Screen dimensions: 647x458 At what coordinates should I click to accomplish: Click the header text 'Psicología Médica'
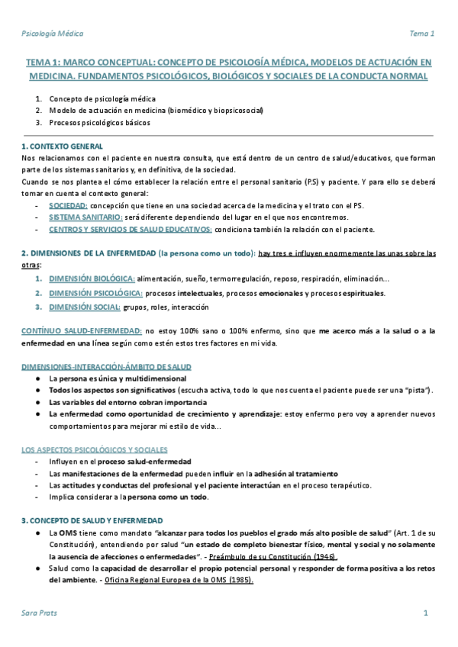coord(52,34)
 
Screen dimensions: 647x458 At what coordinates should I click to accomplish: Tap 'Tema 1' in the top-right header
coord(422,34)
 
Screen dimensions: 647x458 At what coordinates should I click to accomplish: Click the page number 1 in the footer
coord(426,613)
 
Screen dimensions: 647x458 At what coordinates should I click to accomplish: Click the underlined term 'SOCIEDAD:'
coord(68,206)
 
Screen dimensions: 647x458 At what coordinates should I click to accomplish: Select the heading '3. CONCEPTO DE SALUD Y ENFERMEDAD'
coord(92,520)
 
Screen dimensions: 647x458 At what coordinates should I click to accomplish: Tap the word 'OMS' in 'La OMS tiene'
coord(67,532)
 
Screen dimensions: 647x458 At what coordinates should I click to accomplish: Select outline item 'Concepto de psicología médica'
coord(102,99)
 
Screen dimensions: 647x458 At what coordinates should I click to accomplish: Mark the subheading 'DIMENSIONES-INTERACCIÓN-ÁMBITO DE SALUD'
coord(106,367)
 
